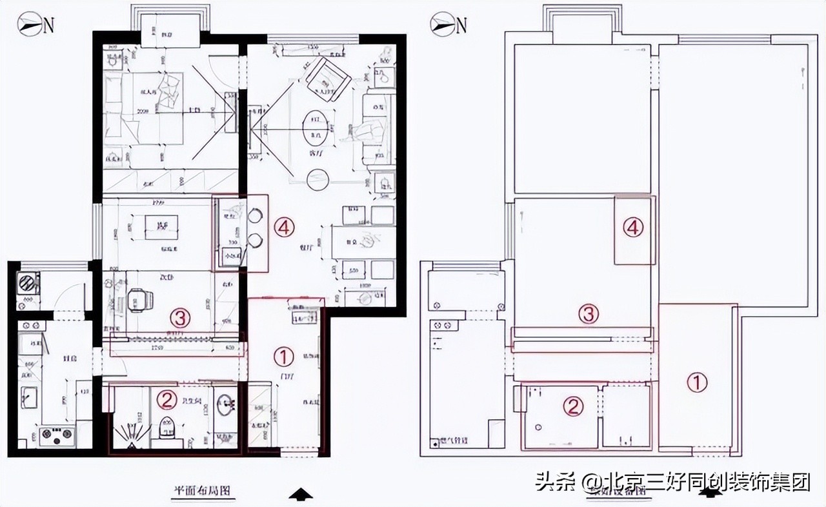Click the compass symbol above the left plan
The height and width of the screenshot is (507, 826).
30,25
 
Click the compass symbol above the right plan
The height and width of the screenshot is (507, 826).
443,25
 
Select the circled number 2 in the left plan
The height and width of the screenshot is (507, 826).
167,401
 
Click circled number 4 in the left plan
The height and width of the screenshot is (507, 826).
284,226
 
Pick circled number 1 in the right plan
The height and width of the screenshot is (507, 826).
696,383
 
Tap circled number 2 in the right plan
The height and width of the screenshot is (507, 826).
572,406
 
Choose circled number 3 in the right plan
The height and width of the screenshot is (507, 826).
588,314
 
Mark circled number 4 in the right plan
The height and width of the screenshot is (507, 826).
634,227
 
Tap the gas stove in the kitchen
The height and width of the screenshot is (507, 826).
57,437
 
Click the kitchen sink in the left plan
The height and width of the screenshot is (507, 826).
30,396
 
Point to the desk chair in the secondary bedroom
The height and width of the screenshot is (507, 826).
139,300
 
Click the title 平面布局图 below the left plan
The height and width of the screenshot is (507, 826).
201,490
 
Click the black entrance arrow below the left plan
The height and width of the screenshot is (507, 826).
301,494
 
